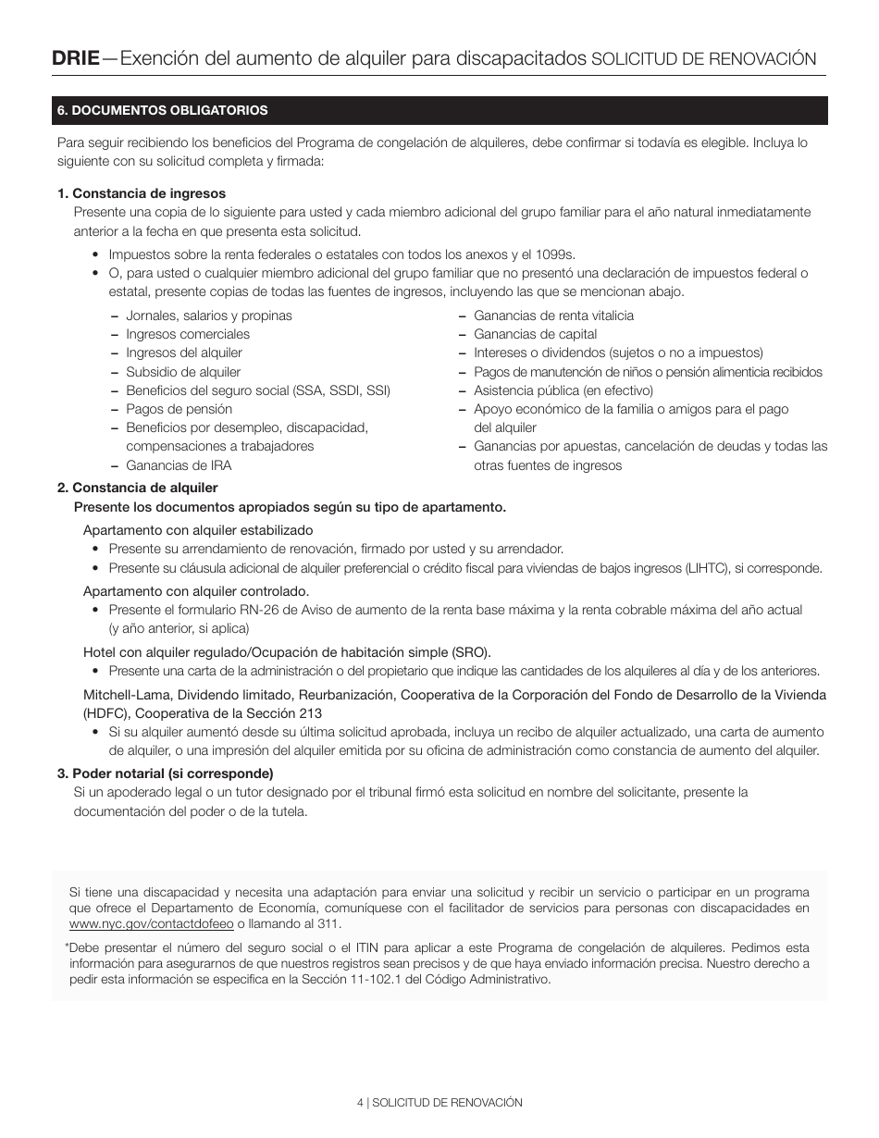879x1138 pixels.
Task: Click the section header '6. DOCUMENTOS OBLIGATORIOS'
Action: [163, 110]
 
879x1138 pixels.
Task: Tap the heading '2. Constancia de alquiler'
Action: [138, 488]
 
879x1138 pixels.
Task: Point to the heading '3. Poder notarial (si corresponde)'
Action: [166, 773]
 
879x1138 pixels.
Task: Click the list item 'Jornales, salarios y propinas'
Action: [208, 315]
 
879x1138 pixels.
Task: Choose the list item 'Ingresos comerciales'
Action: [188, 334]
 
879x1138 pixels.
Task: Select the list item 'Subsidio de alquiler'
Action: [183, 372]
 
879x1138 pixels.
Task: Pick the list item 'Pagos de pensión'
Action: [180, 409]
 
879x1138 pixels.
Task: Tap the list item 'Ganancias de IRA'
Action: [180, 465]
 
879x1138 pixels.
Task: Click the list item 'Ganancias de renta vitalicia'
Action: [553, 315]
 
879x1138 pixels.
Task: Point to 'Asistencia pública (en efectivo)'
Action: [563, 390]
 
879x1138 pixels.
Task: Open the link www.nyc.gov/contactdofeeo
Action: [151, 924]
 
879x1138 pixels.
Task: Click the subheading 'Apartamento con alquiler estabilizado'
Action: [198, 530]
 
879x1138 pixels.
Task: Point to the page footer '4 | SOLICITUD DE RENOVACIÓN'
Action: [439, 1103]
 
